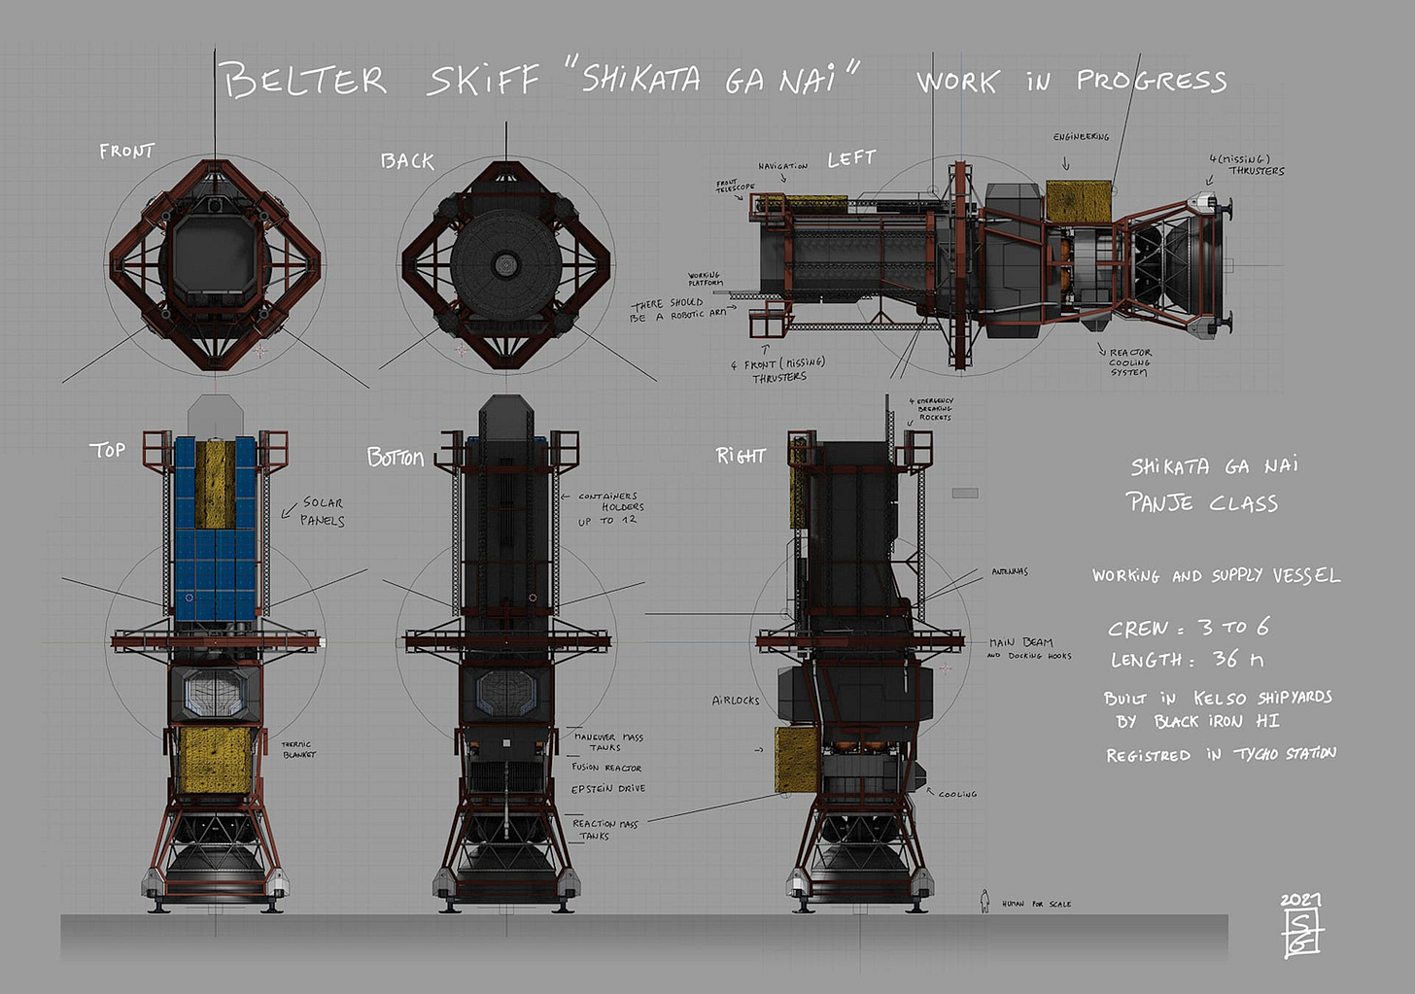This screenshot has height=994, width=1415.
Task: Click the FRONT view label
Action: tap(126, 152)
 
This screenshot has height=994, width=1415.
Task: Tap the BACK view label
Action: tap(407, 161)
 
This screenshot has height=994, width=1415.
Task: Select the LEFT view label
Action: tap(851, 158)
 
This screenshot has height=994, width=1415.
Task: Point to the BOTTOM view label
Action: tap(395, 458)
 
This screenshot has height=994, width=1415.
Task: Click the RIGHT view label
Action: tap(741, 456)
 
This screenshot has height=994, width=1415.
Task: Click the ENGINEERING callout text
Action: tap(1081, 137)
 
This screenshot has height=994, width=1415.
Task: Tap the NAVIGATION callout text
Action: tap(782, 166)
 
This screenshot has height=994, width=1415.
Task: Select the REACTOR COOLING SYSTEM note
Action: tap(1129, 361)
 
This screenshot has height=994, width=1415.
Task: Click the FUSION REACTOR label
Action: tap(606, 768)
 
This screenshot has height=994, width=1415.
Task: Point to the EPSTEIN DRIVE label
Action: tap(607, 788)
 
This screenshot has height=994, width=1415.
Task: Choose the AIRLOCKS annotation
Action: tap(736, 700)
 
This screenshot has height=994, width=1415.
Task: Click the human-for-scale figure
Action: tap(984, 901)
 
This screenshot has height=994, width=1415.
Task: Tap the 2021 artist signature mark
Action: tap(1301, 926)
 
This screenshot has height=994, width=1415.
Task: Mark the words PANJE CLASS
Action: tap(1201, 502)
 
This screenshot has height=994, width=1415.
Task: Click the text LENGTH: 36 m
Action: tap(1187, 659)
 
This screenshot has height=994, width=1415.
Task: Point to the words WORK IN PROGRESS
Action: tap(1071, 81)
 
